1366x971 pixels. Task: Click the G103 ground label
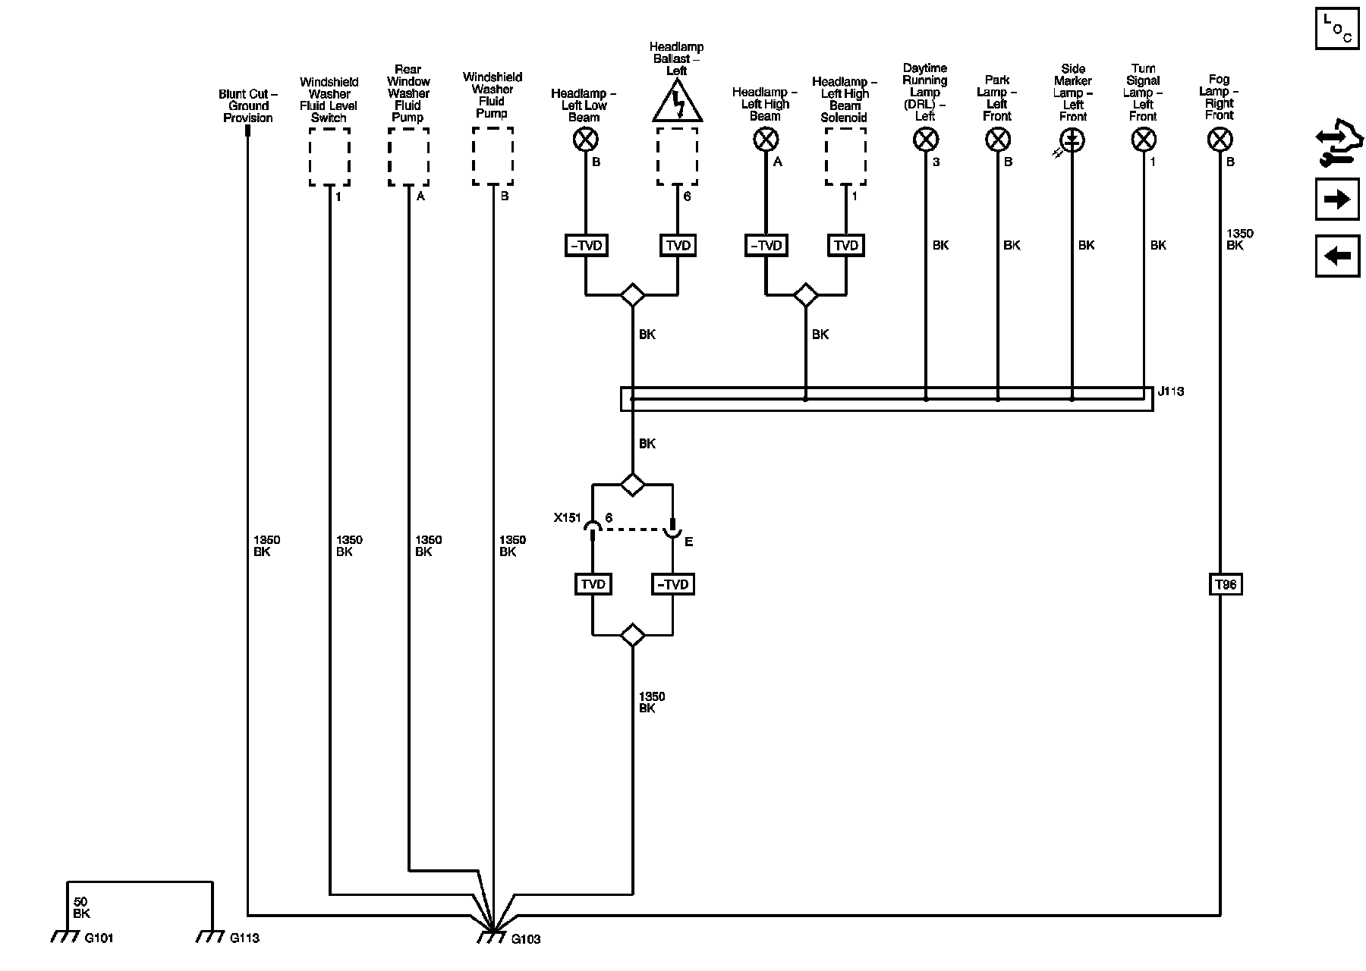click(x=525, y=939)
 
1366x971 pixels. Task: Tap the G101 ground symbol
click(x=65, y=937)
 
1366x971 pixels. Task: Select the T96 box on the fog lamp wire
click(x=1225, y=584)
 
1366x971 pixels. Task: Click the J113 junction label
click(x=1170, y=391)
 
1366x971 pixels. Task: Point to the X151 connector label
click(x=567, y=518)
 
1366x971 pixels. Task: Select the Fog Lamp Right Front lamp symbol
click(x=1220, y=140)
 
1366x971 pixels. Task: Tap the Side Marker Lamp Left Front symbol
click(x=1072, y=140)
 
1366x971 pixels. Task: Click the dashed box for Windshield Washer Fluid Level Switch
click(x=329, y=156)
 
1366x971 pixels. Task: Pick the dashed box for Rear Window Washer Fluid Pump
click(x=408, y=156)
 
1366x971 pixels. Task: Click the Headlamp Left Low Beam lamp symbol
click(x=586, y=140)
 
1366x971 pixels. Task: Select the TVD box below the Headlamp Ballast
click(x=678, y=245)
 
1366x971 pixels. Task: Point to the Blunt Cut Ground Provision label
click(x=248, y=106)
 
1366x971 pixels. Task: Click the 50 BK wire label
click(x=81, y=908)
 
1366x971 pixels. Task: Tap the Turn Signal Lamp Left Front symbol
click(x=1144, y=140)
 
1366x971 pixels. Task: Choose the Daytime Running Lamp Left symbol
click(x=926, y=140)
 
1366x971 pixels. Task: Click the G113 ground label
click(x=244, y=938)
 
